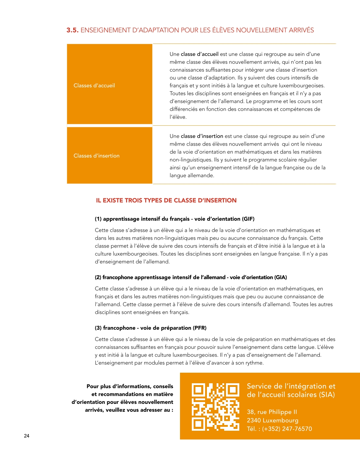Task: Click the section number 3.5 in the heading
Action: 72,30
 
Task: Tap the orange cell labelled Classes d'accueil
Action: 110,84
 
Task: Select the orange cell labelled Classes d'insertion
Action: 110,155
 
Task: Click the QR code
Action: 215,407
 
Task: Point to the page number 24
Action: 27,436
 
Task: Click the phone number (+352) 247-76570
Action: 287,429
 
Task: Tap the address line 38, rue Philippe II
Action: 272,412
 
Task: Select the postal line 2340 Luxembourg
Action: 272,420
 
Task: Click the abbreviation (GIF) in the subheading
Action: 248,219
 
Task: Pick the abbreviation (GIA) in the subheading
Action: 280,277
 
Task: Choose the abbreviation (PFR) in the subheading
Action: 200,328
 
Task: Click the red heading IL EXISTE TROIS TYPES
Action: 166,200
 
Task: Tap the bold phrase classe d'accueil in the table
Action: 199,54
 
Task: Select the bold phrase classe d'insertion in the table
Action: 202,136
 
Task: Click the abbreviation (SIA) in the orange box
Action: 327,395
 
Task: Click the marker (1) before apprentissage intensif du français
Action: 98,219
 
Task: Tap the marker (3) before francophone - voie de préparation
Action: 98,328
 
